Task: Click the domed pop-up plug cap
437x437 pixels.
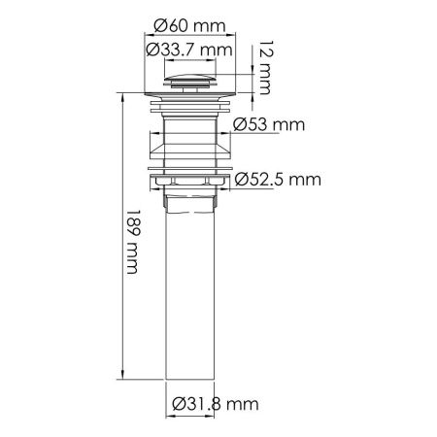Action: click(190, 81)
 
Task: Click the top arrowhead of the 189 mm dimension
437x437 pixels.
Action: click(121, 96)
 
